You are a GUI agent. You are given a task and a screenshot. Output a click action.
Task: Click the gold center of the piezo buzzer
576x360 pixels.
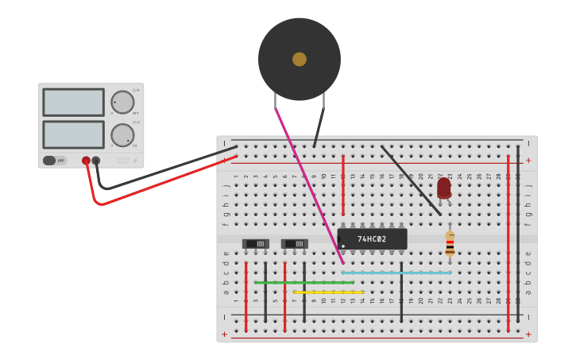[x=300, y=59]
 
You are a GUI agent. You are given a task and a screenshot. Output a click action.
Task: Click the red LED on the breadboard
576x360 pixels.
[x=444, y=188]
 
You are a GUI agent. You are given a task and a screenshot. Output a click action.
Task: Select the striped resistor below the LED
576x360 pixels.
[x=450, y=243]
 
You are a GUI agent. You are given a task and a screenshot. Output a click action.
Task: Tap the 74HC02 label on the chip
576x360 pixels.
[x=372, y=239]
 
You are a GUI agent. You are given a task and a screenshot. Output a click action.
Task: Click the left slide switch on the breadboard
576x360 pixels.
[x=255, y=244]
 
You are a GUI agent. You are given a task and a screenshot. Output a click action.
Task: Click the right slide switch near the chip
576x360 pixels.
[x=294, y=244]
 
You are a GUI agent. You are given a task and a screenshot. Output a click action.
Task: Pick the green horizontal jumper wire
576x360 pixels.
[x=303, y=282]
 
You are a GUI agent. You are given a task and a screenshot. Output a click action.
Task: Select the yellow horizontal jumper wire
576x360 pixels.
[x=328, y=292]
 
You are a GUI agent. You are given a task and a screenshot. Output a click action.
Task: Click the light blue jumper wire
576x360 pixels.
[x=396, y=273]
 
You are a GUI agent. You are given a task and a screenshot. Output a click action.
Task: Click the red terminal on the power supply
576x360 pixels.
[x=86, y=161]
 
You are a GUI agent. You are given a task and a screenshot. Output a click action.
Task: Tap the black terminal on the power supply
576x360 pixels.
[x=96, y=161]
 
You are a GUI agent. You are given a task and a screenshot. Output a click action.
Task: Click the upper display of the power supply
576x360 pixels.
[x=73, y=102]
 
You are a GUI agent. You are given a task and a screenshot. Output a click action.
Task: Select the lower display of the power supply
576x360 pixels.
[x=73, y=134]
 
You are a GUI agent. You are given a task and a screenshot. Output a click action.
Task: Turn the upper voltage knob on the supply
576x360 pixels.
[x=122, y=102]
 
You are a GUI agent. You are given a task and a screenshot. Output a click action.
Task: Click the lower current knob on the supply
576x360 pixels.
[x=122, y=134]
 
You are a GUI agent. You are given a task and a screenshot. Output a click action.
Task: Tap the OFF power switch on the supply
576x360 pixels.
[x=55, y=161]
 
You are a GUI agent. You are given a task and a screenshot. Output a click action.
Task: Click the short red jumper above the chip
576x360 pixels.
[x=343, y=185]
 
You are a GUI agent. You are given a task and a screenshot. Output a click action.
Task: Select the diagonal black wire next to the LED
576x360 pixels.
[x=411, y=180]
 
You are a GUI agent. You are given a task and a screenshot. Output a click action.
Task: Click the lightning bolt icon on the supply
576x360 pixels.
[x=135, y=161]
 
